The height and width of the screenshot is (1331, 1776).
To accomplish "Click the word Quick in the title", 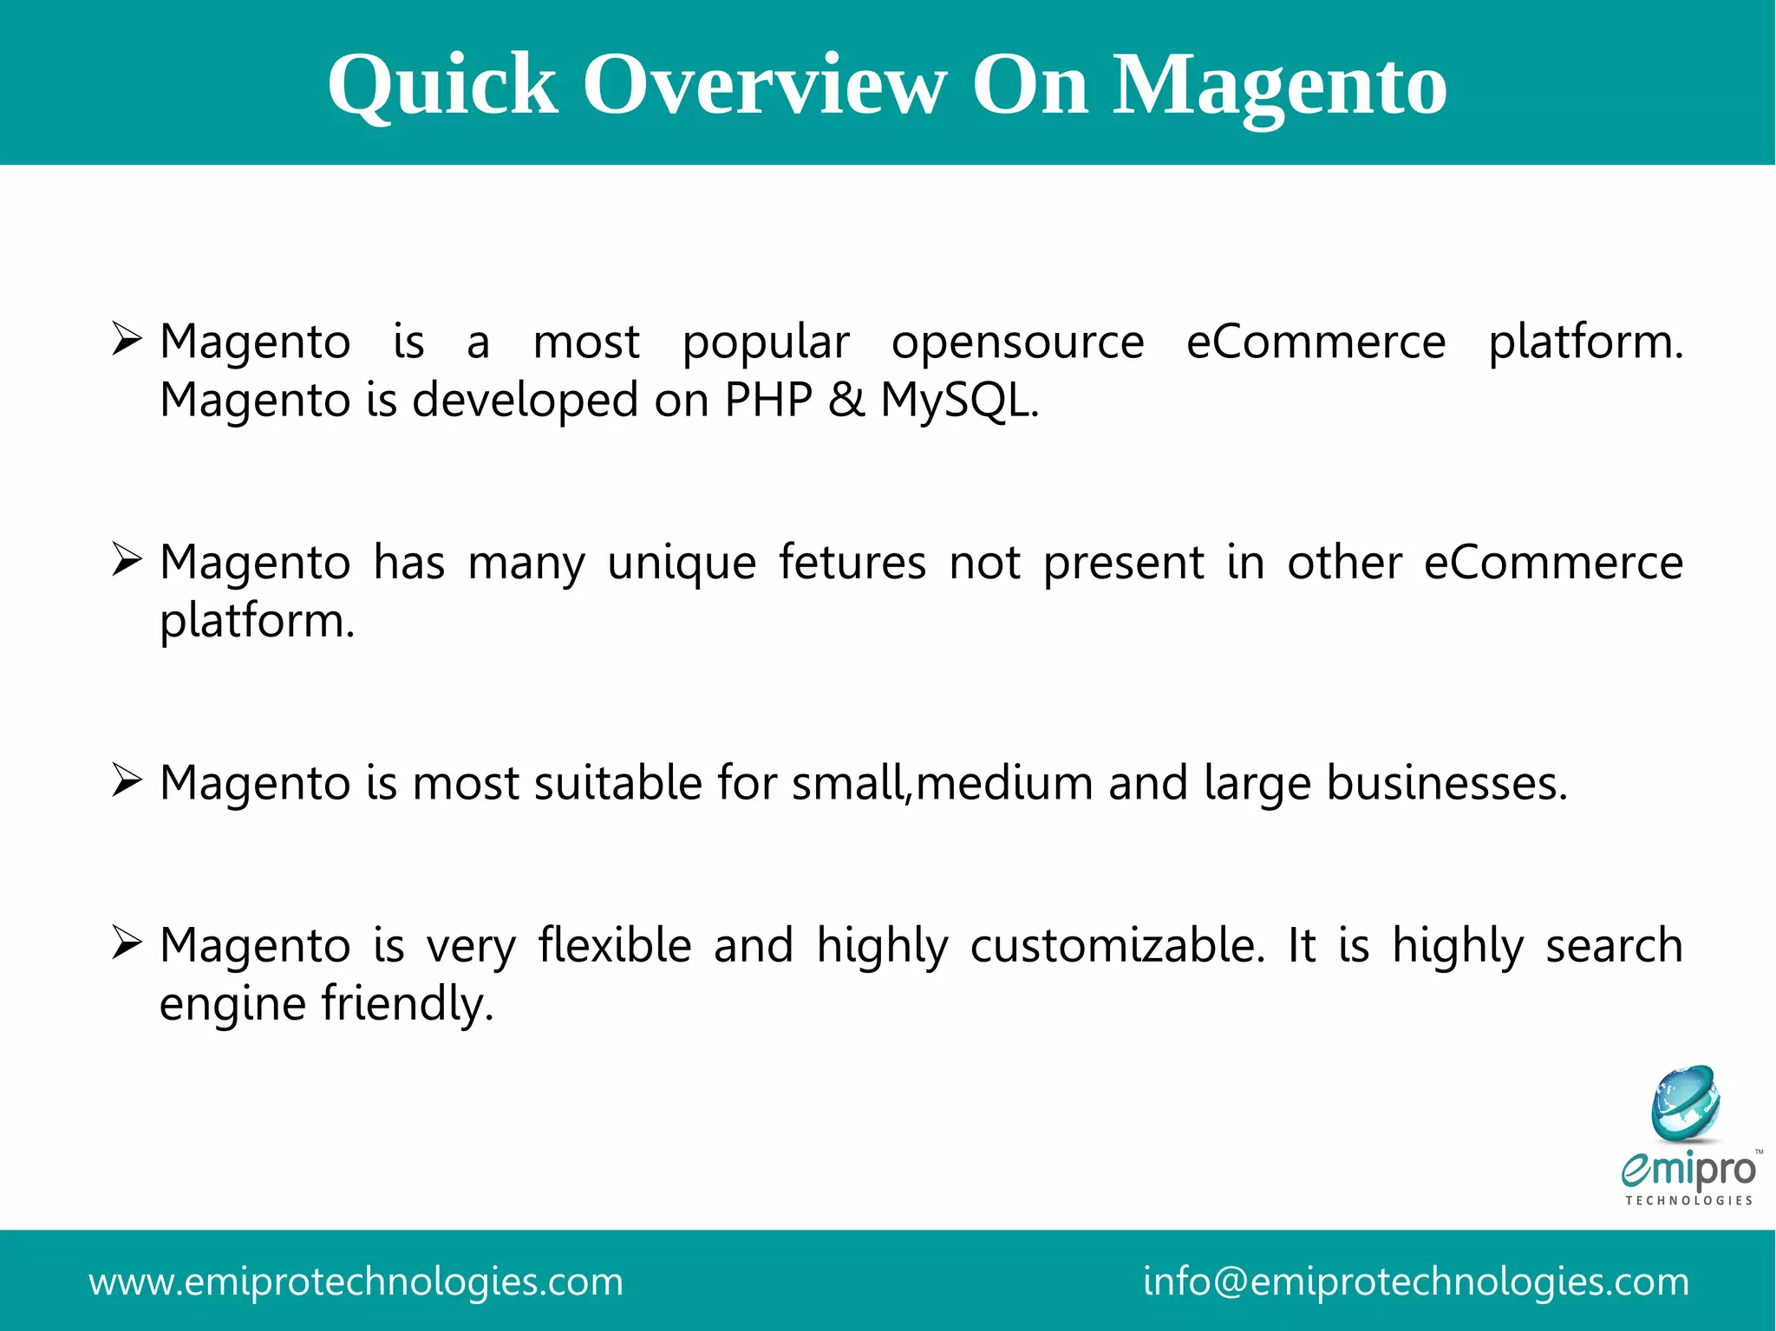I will point(442,85).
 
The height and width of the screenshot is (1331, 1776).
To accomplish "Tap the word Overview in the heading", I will point(764,85).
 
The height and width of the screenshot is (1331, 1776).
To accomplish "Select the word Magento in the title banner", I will point(1280,85).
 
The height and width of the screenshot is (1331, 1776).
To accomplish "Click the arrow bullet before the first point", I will point(127,339).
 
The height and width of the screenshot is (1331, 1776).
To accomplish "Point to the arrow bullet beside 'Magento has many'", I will point(127,560).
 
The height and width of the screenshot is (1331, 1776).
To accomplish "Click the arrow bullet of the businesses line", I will point(127,780).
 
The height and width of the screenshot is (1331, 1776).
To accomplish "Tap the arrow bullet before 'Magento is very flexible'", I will point(127,943).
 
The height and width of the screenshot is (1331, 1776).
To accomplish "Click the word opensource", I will point(1018,343).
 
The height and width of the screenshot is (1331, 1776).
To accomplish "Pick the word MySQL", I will point(958,400).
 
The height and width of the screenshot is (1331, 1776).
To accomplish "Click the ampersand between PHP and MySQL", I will point(846,400).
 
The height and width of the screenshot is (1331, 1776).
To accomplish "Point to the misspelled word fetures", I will point(852,563).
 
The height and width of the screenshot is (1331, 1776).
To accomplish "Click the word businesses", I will point(1446,783).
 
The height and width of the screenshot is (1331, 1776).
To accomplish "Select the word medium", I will point(1004,783).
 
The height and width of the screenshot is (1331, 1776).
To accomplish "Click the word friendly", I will point(407,1004).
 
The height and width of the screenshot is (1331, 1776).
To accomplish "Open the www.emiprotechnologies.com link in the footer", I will point(356,1282).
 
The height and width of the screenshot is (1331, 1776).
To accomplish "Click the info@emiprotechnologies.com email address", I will point(1416,1282).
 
